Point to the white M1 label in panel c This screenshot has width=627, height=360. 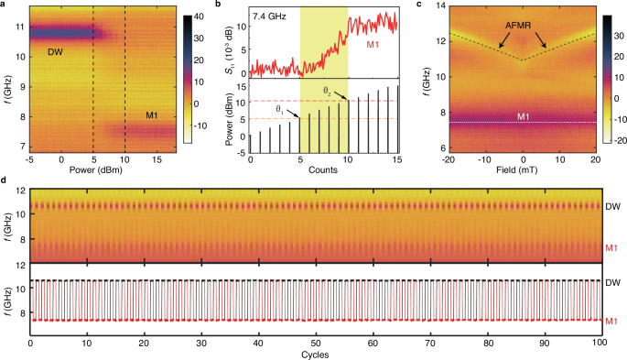coord(522,115)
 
